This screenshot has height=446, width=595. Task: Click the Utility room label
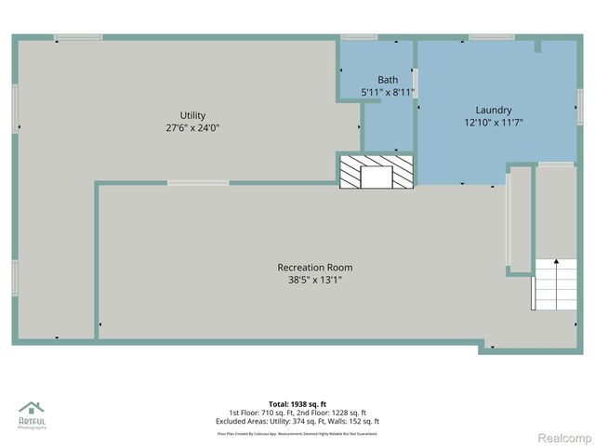pyautogui.click(x=192, y=115)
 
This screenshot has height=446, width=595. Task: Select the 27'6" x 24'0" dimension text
pyautogui.click(x=192, y=128)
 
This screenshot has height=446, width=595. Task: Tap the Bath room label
pyautogui.click(x=387, y=80)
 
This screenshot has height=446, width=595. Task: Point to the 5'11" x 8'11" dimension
pyautogui.click(x=387, y=92)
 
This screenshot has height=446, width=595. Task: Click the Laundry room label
pyautogui.click(x=494, y=110)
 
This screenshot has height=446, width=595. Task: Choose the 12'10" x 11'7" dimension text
pyautogui.click(x=494, y=122)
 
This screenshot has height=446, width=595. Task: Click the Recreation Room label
pyautogui.click(x=314, y=268)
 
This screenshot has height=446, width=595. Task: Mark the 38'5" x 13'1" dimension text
pyautogui.click(x=314, y=280)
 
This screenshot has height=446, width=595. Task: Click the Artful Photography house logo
pyautogui.click(x=32, y=410)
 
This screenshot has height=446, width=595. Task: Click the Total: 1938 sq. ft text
pyautogui.click(x=297, y=404)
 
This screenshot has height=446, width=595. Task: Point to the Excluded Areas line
pyautogui.click(x=297, y=421)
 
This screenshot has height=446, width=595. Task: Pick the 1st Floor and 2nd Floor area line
pyautogui.click(x=297, y=413)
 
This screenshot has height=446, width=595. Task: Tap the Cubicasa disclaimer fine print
pyautogui.click(x=297, y=433)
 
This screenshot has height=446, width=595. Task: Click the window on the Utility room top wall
pyautogui.click(x=78, y=37)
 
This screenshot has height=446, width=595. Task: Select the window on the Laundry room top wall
pyautogui.click(x=492, y=37)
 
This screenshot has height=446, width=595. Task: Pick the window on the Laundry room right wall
pyautogui.click(x=579, y=98)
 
